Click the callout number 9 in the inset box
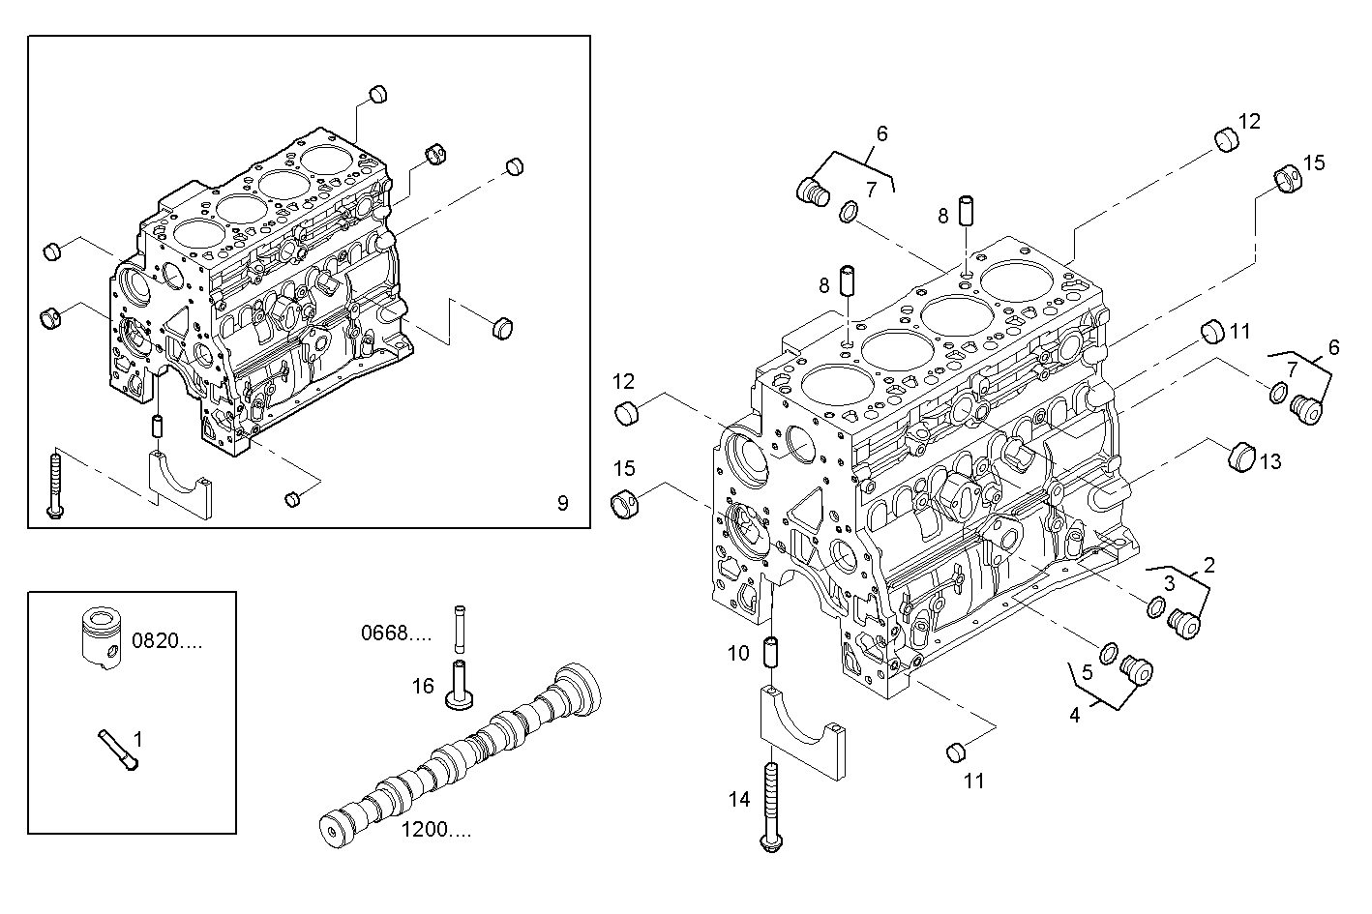click(x=562, y=502)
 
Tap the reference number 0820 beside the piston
click(x=166, y=639)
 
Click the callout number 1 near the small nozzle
click(x=137, y=739)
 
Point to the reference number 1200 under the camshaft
click(x=436, y=830)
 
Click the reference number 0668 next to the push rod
click(x=396, y=634)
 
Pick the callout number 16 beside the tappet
click(x=423, y=686)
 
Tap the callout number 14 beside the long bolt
click(x=739, y=799)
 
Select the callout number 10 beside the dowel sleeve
click(x=738, y=654)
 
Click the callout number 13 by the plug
click(x=1269, y=462)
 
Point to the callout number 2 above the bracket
click(x=1208, y=564)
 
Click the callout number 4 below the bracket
click(x=1074, y=715)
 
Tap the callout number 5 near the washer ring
click(x=1087, y=672)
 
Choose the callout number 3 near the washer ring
click(x=1169, y=582)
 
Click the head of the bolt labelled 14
click(x=771, y=845)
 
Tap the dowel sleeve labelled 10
click(x=772, y=653)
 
